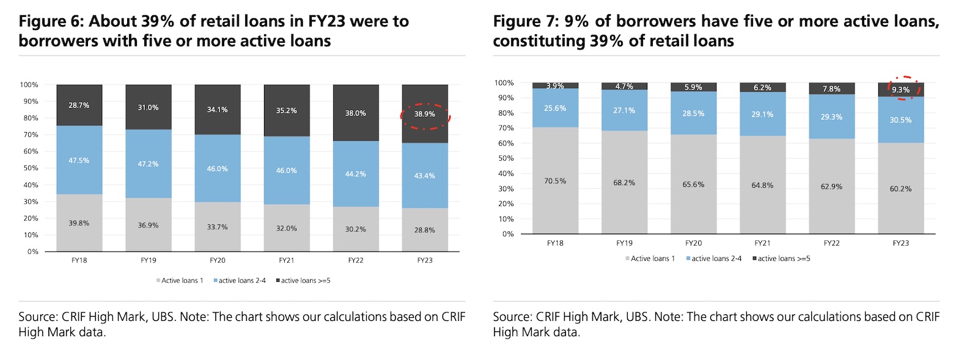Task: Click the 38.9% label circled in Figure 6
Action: (425, 114)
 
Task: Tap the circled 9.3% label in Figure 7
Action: (900, 90)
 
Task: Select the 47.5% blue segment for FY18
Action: (79, 160)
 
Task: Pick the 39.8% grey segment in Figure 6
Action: (79, 223)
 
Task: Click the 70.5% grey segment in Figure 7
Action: (555, 181)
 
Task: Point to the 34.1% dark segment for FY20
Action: (218, 110)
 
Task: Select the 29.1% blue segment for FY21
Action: (762, 114)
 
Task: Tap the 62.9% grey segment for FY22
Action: (831, 186)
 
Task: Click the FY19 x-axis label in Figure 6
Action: (149, 260)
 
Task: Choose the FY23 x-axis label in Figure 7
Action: (900, 243)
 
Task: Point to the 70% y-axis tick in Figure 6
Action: (30, 134)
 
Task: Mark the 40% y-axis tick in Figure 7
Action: (506, 174)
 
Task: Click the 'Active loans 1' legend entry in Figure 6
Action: (182, 281)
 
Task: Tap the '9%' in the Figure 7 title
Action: (576, 21)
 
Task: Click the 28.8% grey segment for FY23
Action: (425, 230)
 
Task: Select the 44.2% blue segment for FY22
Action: (356, 174)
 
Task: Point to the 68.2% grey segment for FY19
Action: (624, 183)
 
